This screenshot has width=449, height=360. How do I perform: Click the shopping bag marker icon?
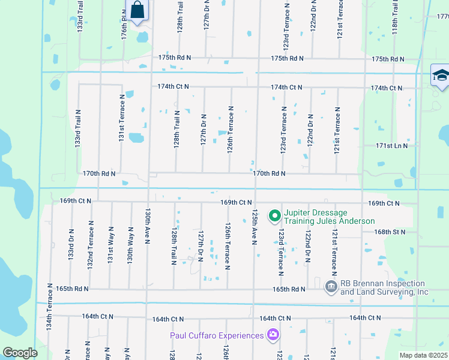[137, 10]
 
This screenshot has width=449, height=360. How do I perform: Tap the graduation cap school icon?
[440, 76]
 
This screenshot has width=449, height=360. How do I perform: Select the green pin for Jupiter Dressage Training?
[275, 215]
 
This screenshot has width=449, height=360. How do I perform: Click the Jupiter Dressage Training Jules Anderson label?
[329, 216]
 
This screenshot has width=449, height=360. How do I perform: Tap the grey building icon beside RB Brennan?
[330, 287]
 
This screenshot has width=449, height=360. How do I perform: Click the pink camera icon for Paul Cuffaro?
[273, 334]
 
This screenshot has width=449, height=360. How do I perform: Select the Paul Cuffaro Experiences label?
[217, 335]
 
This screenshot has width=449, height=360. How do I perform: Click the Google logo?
[20, 353]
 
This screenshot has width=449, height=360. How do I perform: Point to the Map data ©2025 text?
[424, 355]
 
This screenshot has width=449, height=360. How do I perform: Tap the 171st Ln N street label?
[391, 146]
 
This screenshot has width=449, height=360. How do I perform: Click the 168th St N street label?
[390, 232]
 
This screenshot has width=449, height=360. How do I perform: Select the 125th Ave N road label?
[255, 227]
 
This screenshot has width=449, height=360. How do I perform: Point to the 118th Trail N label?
[395, 17]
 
